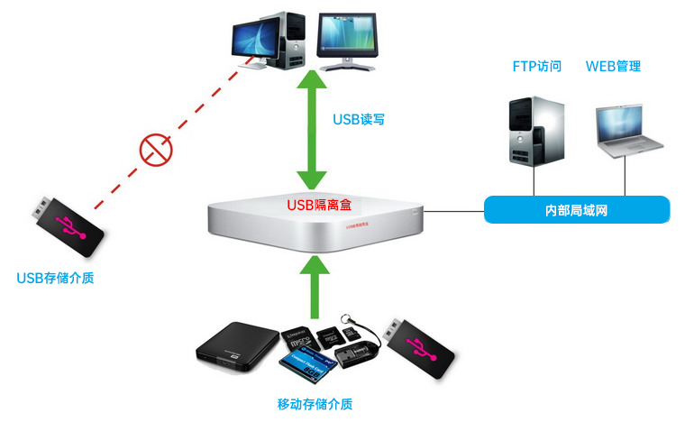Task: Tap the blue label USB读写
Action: (x=359, y=119)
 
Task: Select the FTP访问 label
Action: (x=537, y=67)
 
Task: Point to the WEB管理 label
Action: (x=613, y=67)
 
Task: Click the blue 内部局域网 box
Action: (x=577, y=210)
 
